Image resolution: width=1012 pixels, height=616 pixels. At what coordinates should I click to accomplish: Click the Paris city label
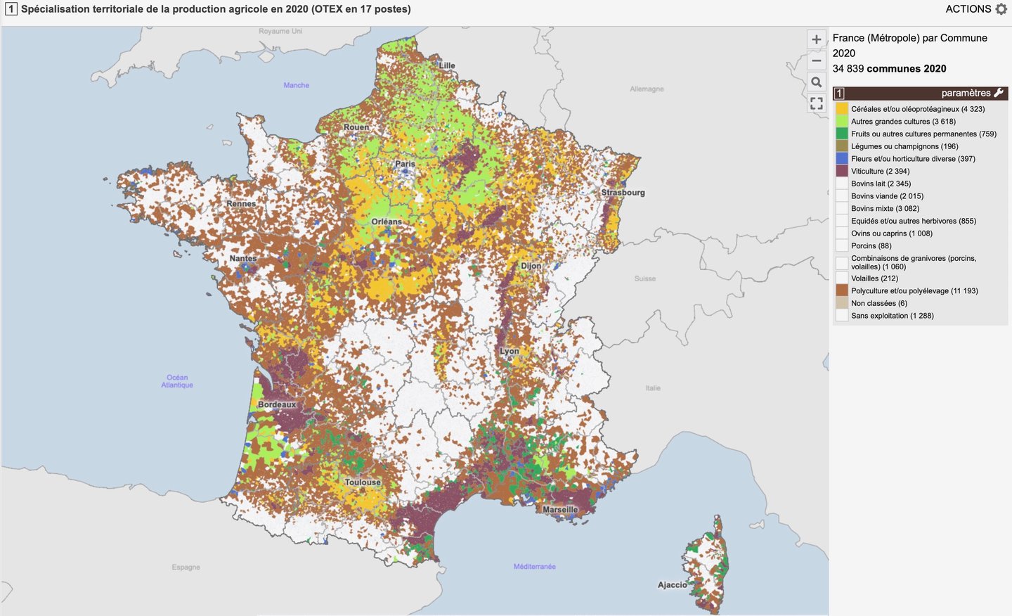click(x=405, y=164)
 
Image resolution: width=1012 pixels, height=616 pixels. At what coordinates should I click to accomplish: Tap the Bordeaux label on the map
click(x=277, y=404)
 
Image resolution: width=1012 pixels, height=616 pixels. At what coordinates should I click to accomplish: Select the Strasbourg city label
click(x=623, y=192)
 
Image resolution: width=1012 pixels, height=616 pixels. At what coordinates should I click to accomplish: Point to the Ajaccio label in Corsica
click(x=672, y=584)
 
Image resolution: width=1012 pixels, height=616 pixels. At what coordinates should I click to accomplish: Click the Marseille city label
click(x=560, y=509)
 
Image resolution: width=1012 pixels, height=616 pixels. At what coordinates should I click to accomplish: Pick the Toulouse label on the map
click(x=363, y=482)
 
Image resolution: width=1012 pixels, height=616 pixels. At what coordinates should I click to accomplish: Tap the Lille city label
click(x=447, y=65)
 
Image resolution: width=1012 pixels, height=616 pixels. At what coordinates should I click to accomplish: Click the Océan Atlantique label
click(x=177, y=381)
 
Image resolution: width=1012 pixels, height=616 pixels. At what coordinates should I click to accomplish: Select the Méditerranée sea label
click(x=534, y=566)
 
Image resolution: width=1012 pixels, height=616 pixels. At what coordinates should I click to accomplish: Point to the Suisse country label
click(x=644, y=278)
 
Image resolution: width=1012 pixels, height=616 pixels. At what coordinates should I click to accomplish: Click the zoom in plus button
click(x=816, y=39)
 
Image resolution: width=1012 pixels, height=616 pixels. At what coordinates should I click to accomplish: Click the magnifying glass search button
click(x=816, y=82)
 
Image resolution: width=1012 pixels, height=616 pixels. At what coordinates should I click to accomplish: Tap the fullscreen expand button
click(x=816, y=103)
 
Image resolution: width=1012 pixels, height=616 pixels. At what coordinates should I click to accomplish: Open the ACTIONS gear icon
click(x=1001, y=9)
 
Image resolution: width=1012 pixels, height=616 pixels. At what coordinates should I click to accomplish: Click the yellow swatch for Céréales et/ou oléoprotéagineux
click(x=841, y=109)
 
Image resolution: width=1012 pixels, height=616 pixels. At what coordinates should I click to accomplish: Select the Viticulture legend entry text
click(x=880, y=171)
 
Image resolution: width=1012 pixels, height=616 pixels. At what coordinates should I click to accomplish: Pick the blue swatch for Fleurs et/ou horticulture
click(x=841, y=159)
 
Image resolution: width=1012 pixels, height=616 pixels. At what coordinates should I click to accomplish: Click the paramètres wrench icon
click(x=999, y=93)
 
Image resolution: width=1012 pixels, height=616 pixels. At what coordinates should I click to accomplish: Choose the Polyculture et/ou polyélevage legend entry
click(x=914, y=290)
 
